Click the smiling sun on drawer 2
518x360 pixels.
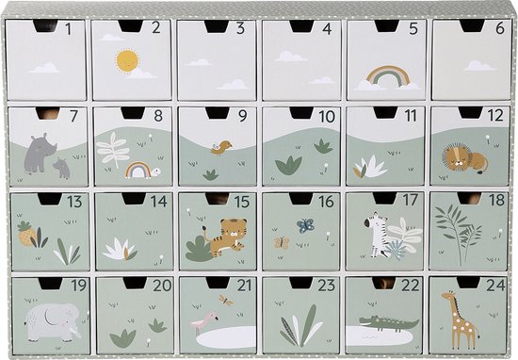[x=126, y=61]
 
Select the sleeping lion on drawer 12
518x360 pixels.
[x=465, y=158]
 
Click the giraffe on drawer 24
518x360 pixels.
[x=461, y=319]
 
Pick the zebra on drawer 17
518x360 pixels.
[x=380, y=236]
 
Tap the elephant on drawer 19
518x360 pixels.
[x=49, y=320]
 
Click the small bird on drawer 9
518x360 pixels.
[x=221, y=147]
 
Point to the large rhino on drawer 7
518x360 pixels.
[x=37, y=153]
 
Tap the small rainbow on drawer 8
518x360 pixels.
[x=138, y=170]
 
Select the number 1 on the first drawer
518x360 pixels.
[x=69, y=29]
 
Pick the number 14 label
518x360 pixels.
[x=159, y=201]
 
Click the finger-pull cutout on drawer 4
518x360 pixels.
[x=302, y=26]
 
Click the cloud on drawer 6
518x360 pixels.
[x=479, y=66]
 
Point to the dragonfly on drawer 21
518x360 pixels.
[x=226, y=302]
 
